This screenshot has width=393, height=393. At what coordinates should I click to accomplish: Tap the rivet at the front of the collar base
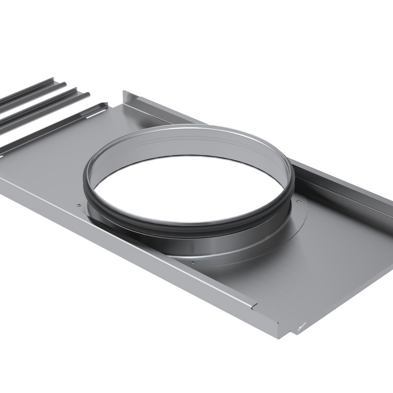pos(193,262)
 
